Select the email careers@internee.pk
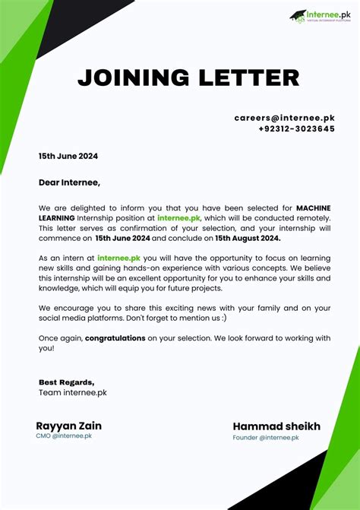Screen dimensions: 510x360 (284, 119)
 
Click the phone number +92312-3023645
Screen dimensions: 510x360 (296, 129)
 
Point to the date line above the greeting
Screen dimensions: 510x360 (68, 157)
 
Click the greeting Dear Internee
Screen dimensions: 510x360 (69, 182)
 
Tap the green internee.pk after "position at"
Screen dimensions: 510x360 (179, 217)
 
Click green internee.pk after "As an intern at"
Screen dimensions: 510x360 (118, 258)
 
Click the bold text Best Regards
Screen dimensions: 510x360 (67, 382)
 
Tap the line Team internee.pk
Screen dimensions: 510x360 (73, 392)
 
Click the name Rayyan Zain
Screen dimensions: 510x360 (68, 426)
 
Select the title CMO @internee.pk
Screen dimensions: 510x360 (64, 436)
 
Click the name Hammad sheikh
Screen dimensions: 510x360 (276, 426)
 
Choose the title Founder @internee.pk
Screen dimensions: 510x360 (266, 438)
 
